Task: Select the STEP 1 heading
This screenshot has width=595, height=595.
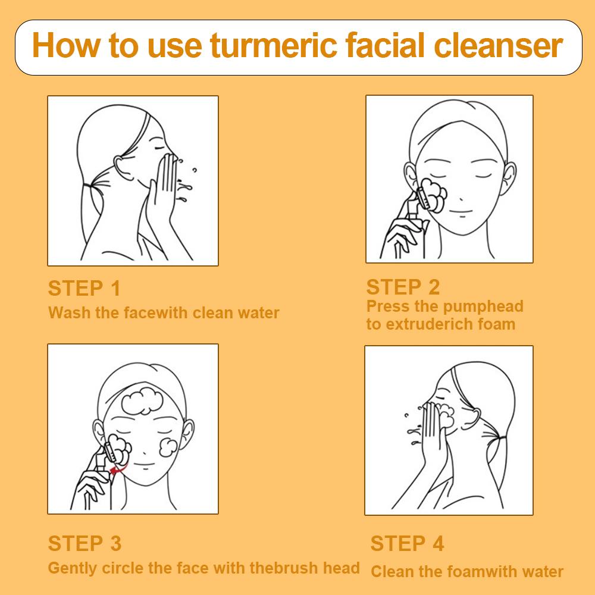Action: click(x=84, y=288)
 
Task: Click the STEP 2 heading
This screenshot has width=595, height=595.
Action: click(x=403, y=287)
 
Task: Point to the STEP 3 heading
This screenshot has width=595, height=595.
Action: click(x=84, y=543)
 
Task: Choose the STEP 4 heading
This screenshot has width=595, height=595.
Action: click(x=407, y=543)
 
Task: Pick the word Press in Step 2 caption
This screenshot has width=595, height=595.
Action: click(x=385, y=306)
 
